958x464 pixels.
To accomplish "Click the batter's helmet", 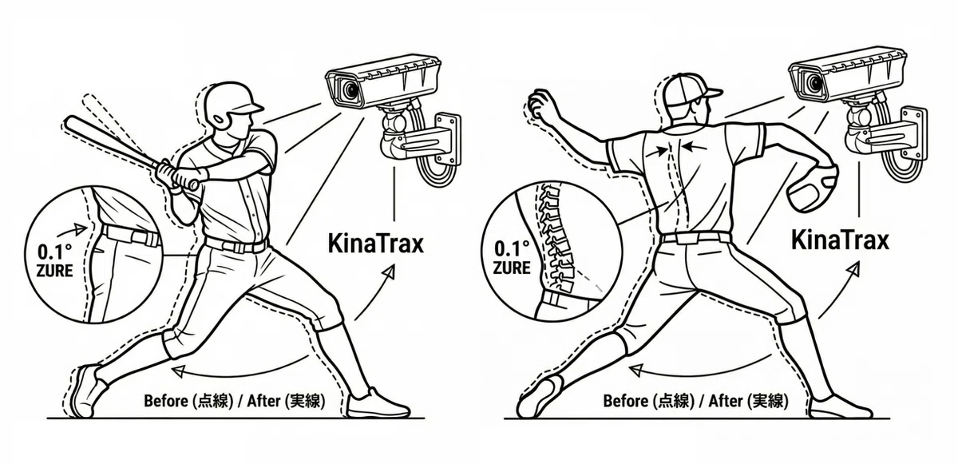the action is pos(231,105).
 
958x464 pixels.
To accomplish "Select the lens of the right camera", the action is pos(813,81).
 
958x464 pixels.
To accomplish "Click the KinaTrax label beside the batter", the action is pos(375,244).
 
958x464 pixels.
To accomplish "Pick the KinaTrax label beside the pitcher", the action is pos(840,240).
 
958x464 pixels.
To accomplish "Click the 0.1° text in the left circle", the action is pos(55,252).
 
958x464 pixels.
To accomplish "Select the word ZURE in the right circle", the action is pos(512,268).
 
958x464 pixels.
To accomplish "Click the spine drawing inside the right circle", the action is pos(556,240).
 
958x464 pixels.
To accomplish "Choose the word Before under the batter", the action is pos(166,401).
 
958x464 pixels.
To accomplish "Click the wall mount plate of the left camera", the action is pos(448,138).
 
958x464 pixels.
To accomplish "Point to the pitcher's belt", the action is pos(695,238).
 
